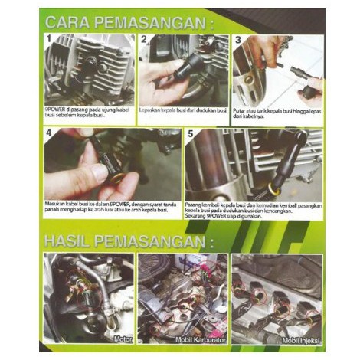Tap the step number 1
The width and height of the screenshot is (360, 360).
(x=48, y=38)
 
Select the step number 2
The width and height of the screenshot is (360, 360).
(x=143, y=38)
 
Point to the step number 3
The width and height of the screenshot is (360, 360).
(x=237, y=38)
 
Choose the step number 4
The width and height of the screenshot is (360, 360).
(x=48, y=133)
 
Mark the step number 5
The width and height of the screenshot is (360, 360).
(x=190, y=133)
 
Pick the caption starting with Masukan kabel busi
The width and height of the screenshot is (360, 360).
(x=113, y=209)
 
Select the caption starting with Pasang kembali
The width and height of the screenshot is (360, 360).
(x=253, y=209)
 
